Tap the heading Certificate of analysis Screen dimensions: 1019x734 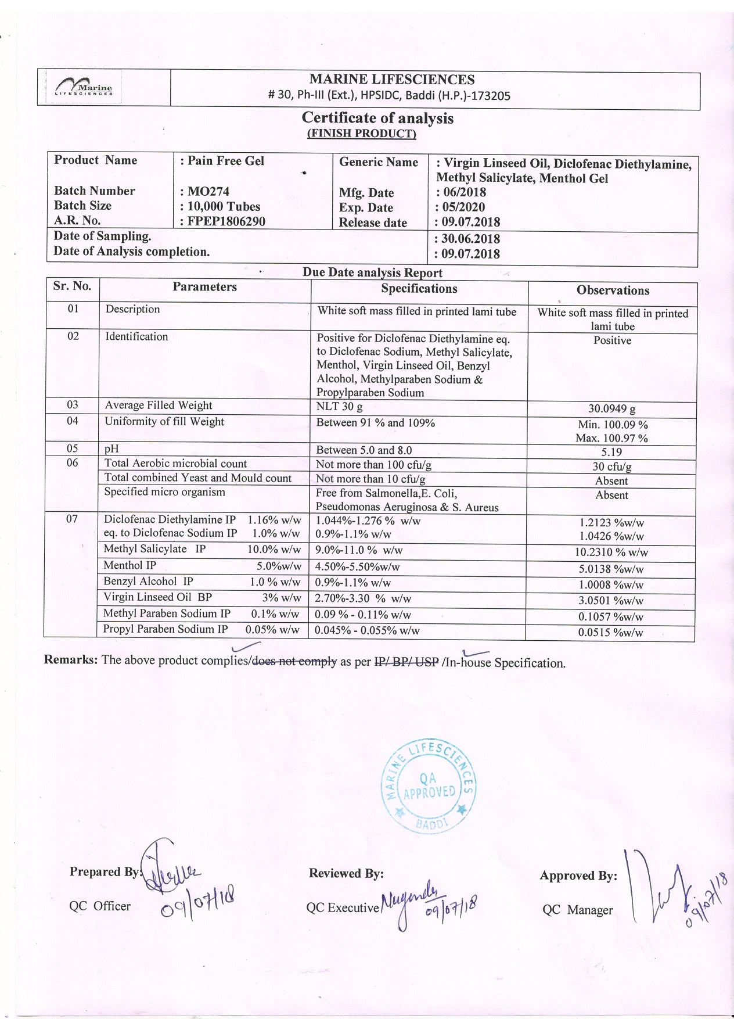[x=377, y=118]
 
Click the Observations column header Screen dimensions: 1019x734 [x=613, y=290]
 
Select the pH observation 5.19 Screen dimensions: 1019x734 [x=611, y=452]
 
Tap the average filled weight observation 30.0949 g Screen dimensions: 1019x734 [x=611, y=409]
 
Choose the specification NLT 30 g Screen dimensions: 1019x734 [x=339, y=407]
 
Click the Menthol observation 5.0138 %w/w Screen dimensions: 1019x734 [x=611, y=569]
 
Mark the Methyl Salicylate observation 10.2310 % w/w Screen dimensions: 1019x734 [x=611, y=552]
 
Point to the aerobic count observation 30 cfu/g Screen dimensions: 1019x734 [x=611, y=467]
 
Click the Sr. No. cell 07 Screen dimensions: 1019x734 [x=72, y=519]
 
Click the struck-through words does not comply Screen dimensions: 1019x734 [x=294, y=661]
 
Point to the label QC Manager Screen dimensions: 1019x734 [x=577, y=910]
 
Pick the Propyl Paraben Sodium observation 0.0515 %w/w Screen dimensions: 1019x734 [x=610, y=633]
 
